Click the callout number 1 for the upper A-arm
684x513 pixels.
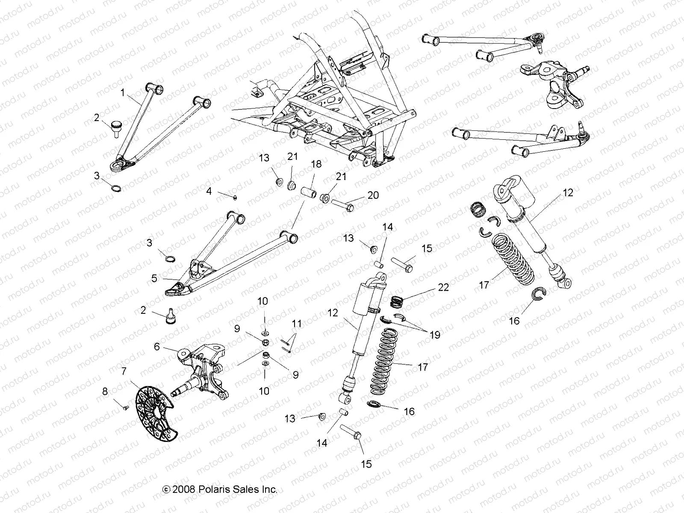[x=123, y=93]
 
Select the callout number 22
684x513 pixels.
[x=443, y=287]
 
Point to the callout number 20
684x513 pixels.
[x=373, y=195]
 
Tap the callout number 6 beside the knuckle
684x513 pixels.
[x=157, y=347]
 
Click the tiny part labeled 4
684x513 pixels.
[x=236, y=197]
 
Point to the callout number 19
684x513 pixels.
[x=435, y=335]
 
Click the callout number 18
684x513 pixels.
[x=316, y=164]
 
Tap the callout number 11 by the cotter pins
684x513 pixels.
[x=297, y=324]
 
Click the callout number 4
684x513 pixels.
[x=209, y=191]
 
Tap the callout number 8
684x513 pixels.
[x=105, y=392]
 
